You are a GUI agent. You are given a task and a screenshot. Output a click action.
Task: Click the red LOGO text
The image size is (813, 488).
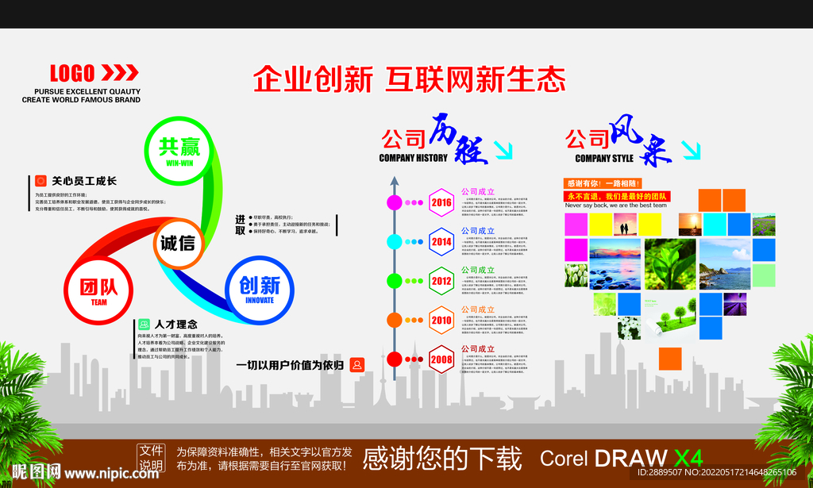point(72,74)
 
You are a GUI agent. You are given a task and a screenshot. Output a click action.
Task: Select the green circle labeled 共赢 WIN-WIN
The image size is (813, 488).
point(179,149)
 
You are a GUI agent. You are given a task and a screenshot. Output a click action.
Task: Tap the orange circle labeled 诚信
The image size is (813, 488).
point(178,244)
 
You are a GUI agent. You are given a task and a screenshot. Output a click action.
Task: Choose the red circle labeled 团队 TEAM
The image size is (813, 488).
point(98,289)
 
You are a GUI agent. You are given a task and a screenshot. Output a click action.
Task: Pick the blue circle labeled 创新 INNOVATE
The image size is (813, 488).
point(259,287)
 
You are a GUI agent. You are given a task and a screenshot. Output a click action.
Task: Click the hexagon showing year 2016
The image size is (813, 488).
point(441,202)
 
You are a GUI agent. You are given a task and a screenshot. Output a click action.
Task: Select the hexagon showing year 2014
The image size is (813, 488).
point(441,241)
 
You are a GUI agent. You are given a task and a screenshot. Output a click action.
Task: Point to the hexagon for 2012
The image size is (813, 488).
point(441,280)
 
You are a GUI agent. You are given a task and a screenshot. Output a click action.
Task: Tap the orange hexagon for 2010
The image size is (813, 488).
point(441,319)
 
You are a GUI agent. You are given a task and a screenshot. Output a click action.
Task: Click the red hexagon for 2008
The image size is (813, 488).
point(441,358)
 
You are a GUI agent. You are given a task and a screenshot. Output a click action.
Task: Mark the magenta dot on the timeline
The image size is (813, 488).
point(394,202)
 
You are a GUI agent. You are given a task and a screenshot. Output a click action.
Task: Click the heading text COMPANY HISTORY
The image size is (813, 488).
point(413,158)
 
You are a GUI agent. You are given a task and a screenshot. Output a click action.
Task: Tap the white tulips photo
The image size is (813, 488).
point(576,275)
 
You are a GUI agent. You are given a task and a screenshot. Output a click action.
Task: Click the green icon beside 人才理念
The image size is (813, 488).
point(144,324)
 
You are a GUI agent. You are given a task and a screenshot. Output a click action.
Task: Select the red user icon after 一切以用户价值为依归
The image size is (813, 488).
point(356,364)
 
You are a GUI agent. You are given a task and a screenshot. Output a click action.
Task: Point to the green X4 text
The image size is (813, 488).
point(688,458)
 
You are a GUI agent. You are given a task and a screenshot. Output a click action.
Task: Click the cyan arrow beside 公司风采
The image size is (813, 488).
point(692,150)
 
